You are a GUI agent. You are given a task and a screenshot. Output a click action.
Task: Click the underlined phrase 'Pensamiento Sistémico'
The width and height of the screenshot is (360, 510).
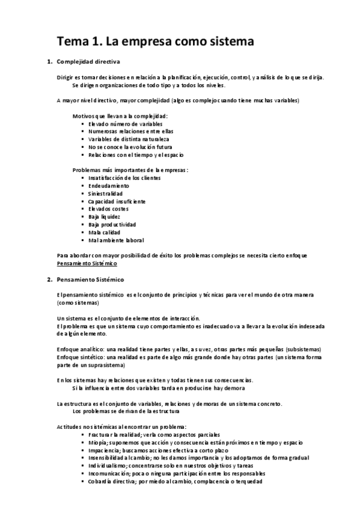tap(87, 263)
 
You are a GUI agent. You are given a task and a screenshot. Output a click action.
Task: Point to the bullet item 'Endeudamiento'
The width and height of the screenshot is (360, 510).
tap(108, 186)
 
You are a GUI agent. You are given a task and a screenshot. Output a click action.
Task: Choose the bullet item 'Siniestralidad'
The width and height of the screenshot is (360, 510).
tap(105, 194)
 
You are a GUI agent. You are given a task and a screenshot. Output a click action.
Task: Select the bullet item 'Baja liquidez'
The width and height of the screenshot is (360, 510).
tap(104, 217)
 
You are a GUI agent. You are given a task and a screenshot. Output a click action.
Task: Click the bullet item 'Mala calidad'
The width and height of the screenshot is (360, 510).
tap(103, 232)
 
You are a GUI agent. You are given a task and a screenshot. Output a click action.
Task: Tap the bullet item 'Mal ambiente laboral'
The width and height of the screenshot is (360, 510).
tap(115, 240)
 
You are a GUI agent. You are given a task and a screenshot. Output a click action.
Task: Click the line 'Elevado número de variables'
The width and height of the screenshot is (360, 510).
tap(125, 123)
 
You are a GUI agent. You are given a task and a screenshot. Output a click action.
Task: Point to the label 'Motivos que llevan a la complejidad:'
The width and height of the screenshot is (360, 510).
tap(120, 115)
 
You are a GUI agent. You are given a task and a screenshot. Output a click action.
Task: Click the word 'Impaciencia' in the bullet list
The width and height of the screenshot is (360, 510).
tap(104, 450)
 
